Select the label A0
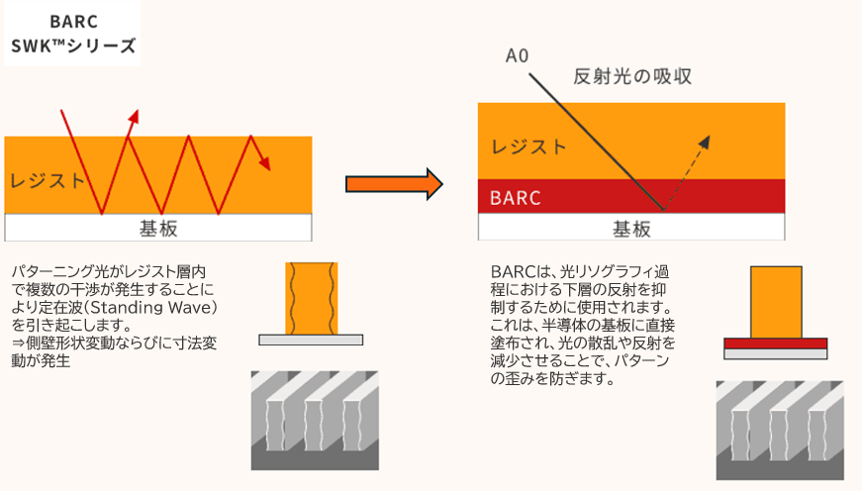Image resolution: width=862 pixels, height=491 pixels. tap(517, 56)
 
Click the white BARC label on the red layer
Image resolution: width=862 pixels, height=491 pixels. tap(516, 197)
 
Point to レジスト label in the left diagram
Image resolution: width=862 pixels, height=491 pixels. tap(48, 180)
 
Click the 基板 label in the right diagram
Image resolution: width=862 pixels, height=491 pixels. tap(631, 229)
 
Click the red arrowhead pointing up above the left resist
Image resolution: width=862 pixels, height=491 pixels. tap(133, 118)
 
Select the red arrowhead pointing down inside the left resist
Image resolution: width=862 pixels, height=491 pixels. tap(263, 163)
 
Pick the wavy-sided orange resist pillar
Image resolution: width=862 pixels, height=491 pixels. tap(311, 298)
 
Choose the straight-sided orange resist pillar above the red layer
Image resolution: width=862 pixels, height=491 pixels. tap(776, 302)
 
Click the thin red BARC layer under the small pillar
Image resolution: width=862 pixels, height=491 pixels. tap(776, 344)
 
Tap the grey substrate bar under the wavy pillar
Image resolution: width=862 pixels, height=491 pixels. tap(311, 340)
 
